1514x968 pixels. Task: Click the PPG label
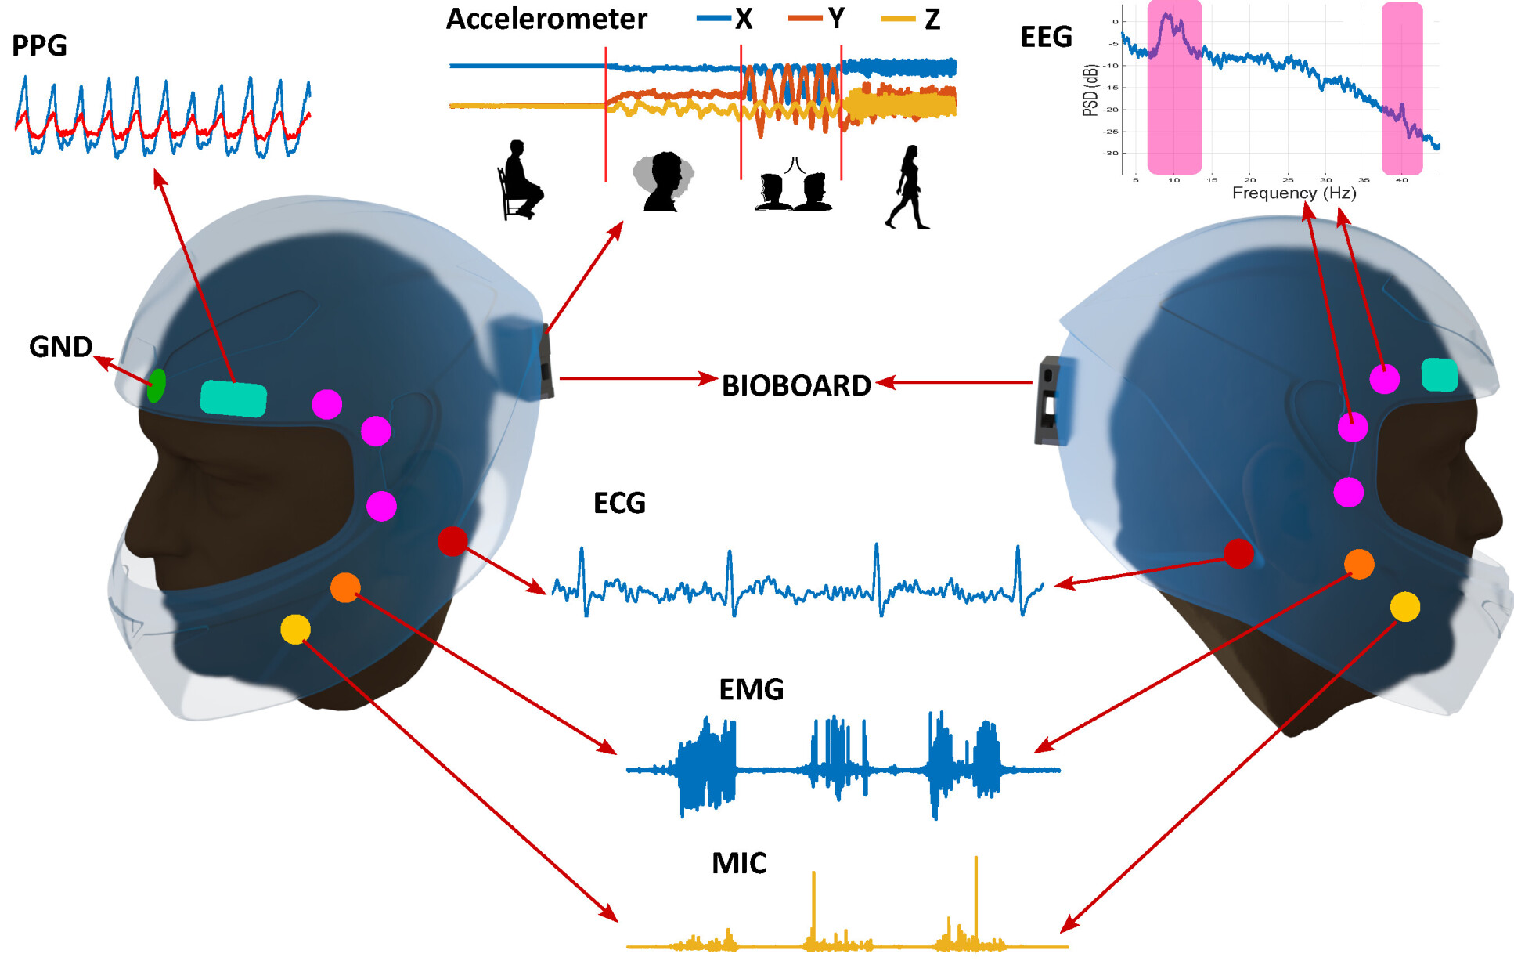[39, 46]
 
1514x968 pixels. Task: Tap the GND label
[60, 347]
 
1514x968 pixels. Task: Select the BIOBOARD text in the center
[795, 385]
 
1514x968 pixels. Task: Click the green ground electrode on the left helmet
[156, 385]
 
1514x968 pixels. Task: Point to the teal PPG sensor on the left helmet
[233, 399]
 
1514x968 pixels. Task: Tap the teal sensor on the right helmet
[1439, 374]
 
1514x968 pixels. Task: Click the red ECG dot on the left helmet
[452, 540]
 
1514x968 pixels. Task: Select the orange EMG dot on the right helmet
[1359, 564]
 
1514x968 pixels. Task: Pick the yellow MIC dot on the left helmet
[295, 629]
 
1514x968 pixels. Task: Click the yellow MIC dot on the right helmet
[1405, 606]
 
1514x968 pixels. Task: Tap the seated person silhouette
[519, 181]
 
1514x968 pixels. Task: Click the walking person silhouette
[907, 188]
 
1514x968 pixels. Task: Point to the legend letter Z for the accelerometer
[932, 19]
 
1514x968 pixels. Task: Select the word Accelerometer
[546, 19]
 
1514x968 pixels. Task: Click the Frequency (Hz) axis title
[1293, 193]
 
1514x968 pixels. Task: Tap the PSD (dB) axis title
[1090, 90]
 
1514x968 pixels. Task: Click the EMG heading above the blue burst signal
[751, 689]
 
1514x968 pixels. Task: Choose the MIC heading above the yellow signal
[738, 863]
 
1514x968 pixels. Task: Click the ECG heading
[619, 503]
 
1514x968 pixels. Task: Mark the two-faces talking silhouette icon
[794, 187]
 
